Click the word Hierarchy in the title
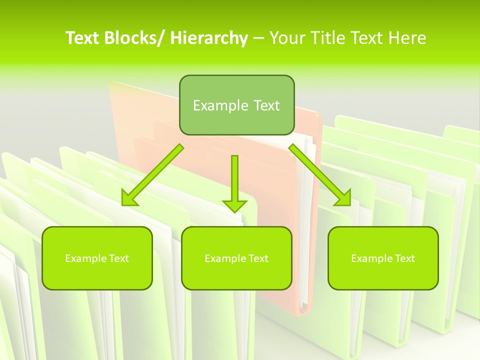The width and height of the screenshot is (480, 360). tap(209, 38)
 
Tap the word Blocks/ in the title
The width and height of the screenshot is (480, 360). tap(133, 38)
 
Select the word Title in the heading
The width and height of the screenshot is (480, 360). tap(328, 38)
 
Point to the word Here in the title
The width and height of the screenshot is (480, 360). tap(408, 38)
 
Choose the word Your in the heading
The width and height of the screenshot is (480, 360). tap(287, 38)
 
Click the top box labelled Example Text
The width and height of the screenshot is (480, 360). tap(236, 105)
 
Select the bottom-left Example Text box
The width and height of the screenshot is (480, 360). tap(97, 258)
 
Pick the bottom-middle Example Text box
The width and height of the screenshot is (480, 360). tap(236, 258)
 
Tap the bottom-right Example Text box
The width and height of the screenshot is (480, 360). tap(383, 258)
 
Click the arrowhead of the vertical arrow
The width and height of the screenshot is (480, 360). tap(234, 205)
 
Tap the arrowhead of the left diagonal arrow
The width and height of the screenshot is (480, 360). tap(129, 198)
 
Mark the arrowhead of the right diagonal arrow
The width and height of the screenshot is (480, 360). tap(344, 198)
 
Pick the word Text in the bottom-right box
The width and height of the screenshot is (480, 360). tap(404, 258)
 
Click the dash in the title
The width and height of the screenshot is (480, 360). tap(258, 38)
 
